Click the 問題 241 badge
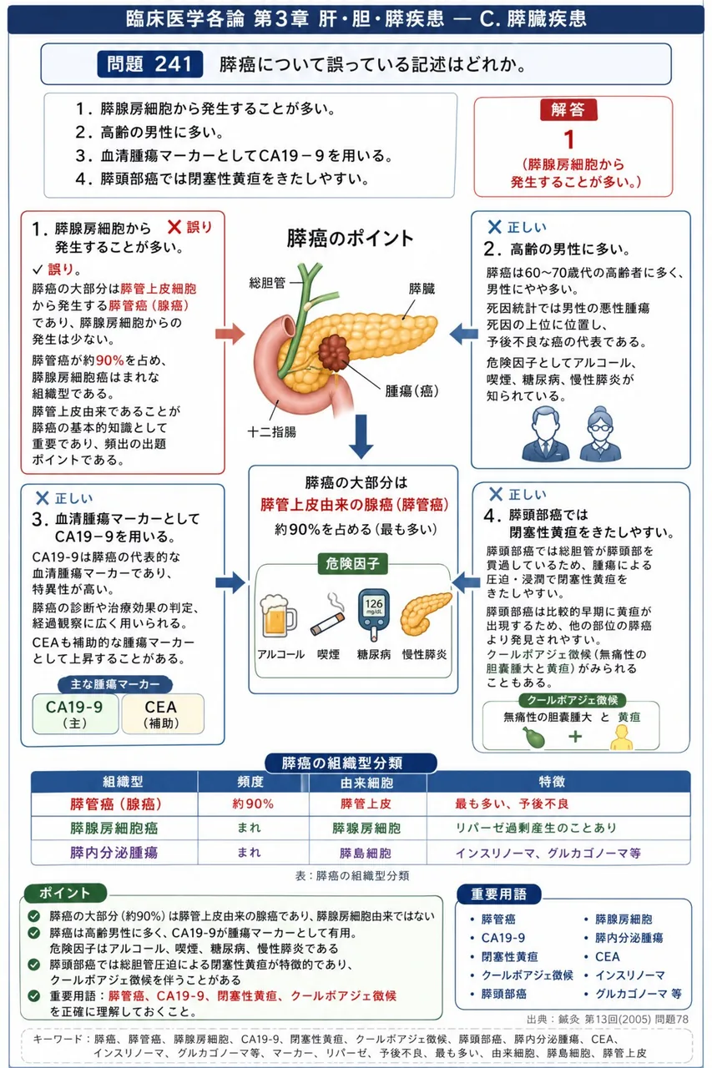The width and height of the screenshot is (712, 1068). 149,64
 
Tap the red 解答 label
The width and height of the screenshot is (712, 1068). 568,109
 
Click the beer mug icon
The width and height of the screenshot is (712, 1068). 278,616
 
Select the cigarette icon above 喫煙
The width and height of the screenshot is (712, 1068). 329,617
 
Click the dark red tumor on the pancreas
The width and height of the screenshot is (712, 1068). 335,353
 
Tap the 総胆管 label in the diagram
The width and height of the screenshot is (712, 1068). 267,283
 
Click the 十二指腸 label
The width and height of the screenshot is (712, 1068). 272,432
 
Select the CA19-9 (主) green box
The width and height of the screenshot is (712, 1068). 75,713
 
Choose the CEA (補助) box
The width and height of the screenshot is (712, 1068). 163,713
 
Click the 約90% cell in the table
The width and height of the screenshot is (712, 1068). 253,804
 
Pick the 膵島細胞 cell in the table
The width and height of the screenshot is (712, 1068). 366,853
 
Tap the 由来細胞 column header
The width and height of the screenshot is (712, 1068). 366,782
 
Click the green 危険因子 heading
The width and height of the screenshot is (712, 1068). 353,564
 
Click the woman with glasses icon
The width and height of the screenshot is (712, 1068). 600,434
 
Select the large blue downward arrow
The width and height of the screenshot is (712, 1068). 361,436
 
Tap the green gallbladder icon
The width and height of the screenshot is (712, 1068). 534,737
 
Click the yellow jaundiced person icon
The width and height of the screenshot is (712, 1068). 622,737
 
